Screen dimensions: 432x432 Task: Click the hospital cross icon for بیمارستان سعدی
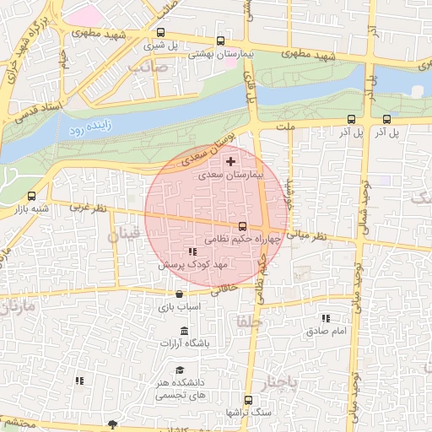click(231, 160)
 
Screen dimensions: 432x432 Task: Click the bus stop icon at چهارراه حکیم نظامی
click(243, 226)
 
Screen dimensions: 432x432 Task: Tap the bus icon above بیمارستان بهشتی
click(221, 40)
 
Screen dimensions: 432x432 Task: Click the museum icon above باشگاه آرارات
click(184, 329)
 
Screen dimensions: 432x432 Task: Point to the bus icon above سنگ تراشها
click(248, 400)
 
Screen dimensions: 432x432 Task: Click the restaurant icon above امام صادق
click(326, 318)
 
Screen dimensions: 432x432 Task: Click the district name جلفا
click(251, 321)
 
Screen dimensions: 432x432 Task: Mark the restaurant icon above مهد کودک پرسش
click(192, 251)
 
